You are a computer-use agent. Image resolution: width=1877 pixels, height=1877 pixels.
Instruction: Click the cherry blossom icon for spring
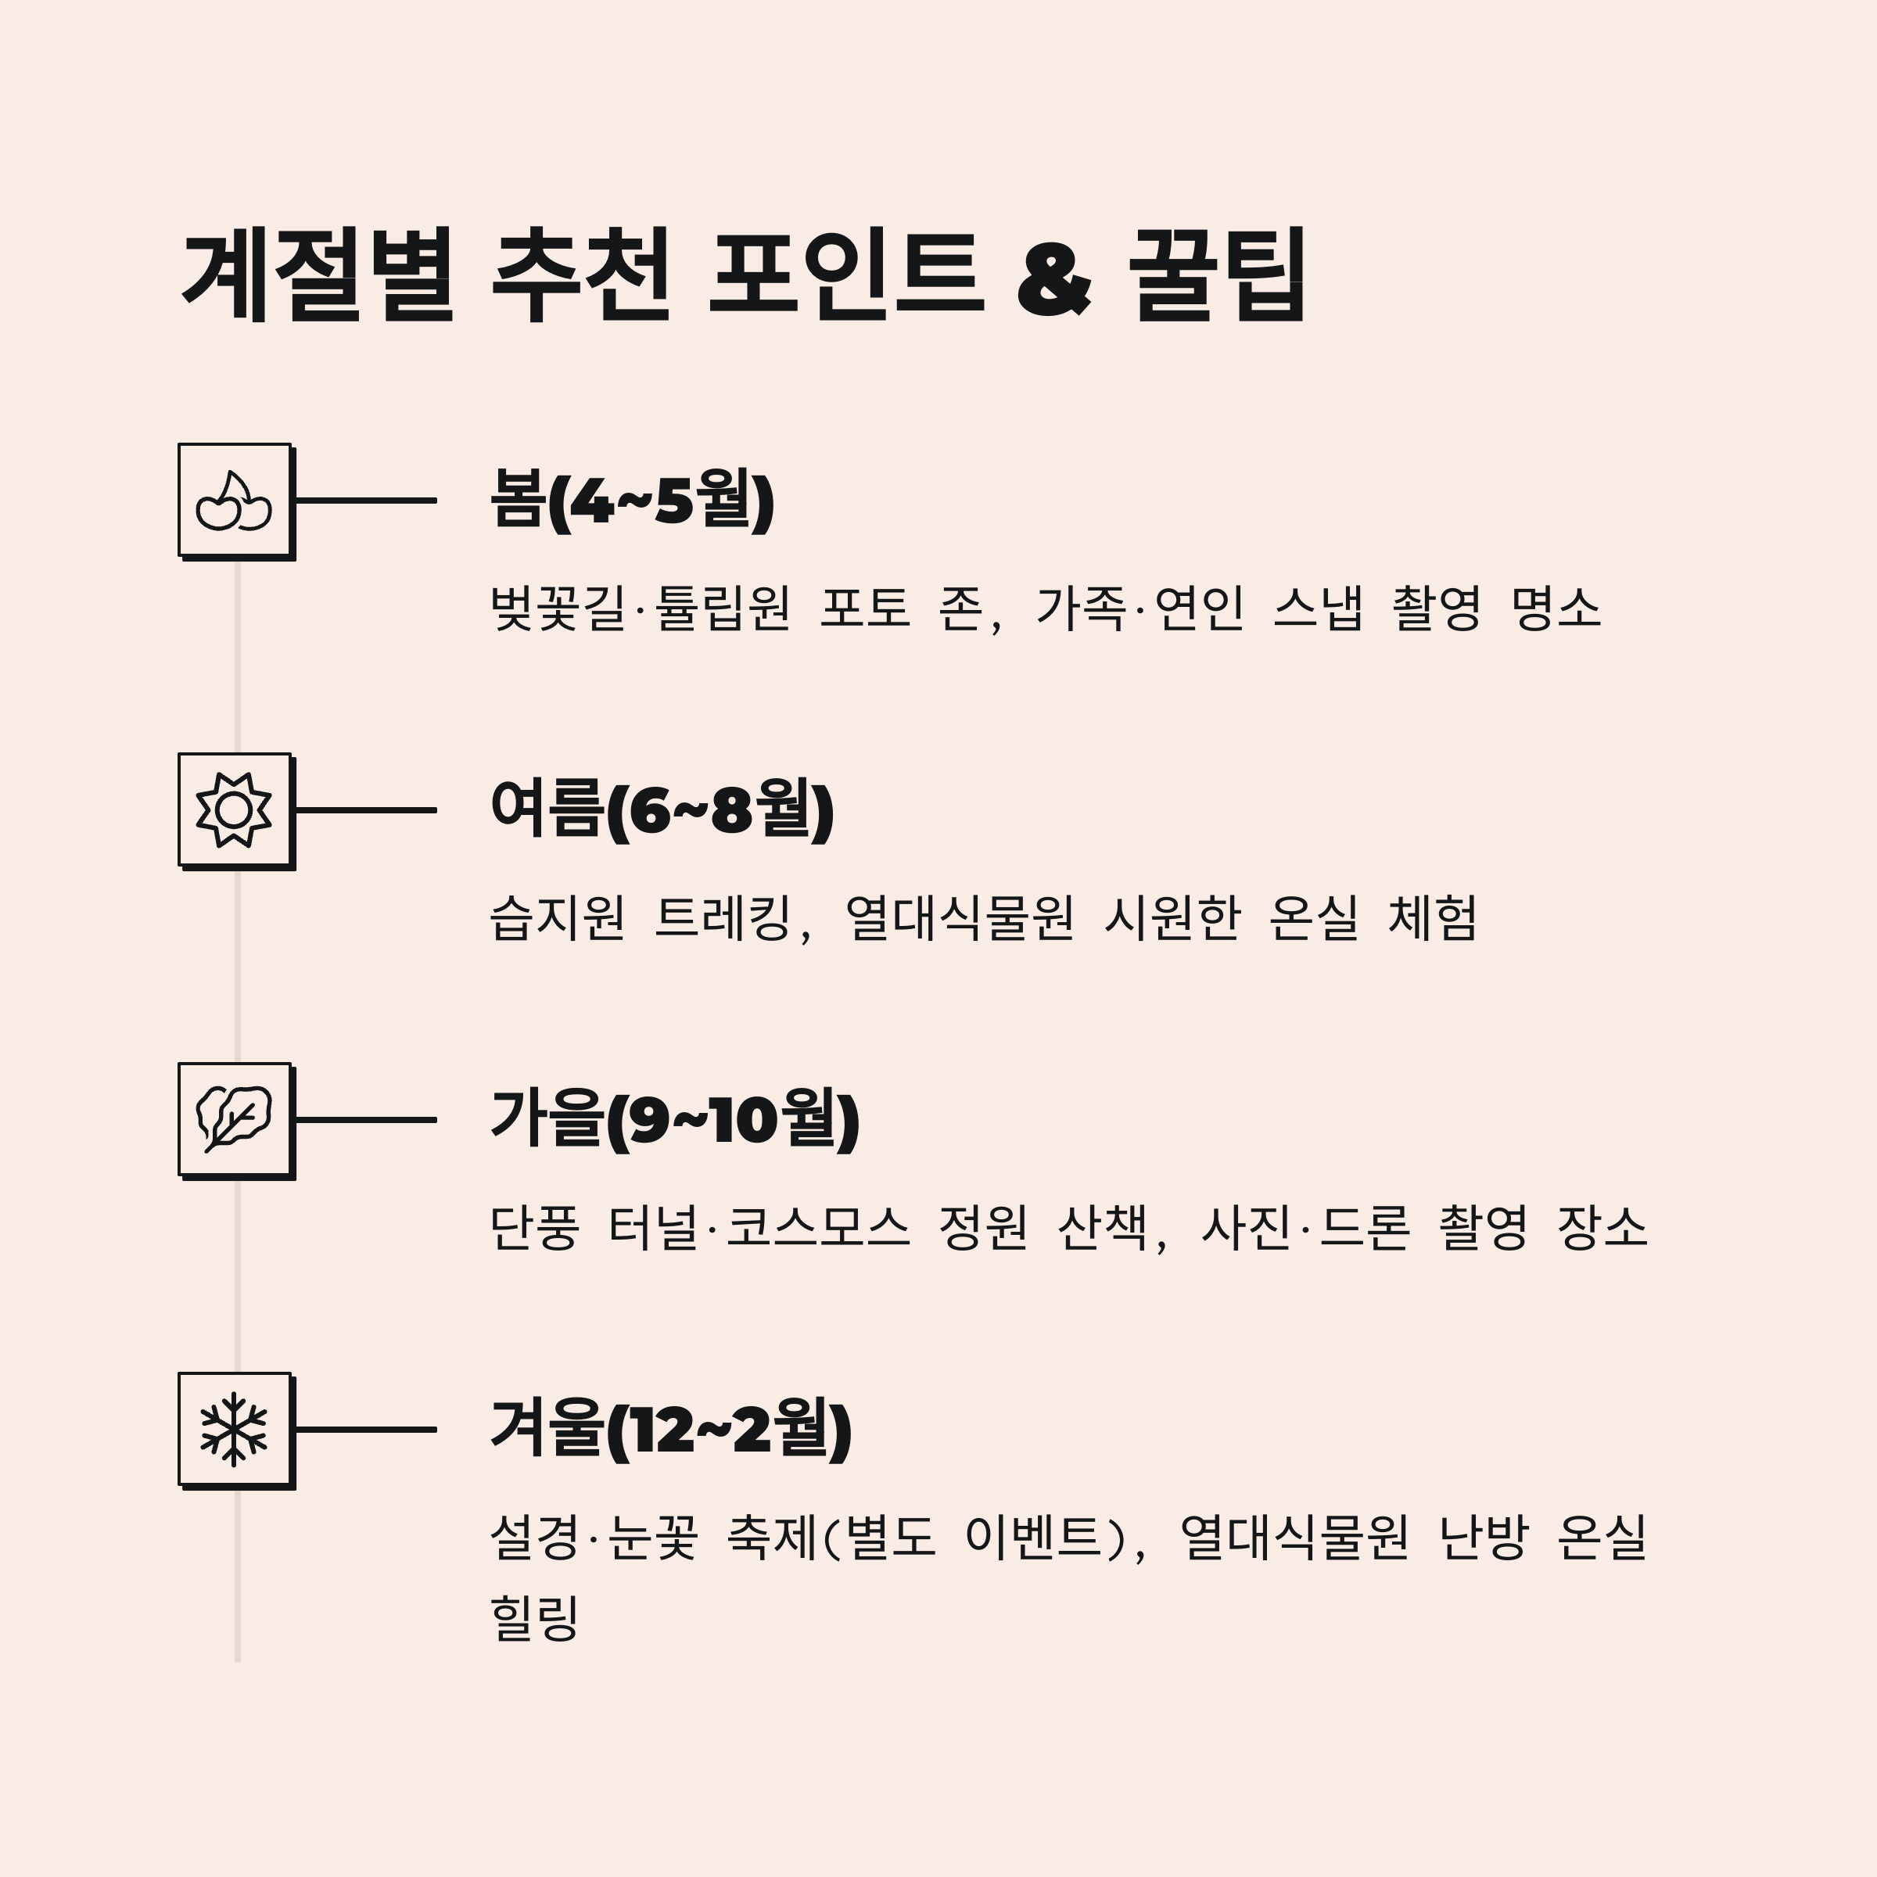click(x=234, y=501)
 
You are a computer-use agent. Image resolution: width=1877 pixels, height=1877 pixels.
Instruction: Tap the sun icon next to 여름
click(x=234, y=809)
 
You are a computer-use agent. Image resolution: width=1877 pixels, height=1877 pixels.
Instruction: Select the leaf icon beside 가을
click(x=234, y=1119)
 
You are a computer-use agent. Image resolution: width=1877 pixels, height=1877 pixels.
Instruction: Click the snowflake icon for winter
click(x=234, y=1429)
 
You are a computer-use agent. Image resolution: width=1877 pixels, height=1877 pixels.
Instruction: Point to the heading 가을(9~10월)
click(x=675, y=1119)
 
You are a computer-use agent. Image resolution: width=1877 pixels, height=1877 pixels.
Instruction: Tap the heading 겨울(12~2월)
click(x=671, y=1429)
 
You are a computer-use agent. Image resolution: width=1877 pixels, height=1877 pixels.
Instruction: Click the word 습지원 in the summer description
click(x=557, y=917)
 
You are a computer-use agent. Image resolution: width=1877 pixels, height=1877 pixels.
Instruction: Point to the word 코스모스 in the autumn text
click(x=818, y=1226)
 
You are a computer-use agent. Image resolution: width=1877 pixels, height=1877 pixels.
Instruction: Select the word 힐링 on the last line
click(x=535, y=1617)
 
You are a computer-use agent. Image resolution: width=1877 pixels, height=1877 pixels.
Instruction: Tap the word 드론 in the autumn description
click(x=1364, y=1226)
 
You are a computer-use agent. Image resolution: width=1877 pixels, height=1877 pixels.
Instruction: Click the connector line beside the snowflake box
click(x=365, y=1429)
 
